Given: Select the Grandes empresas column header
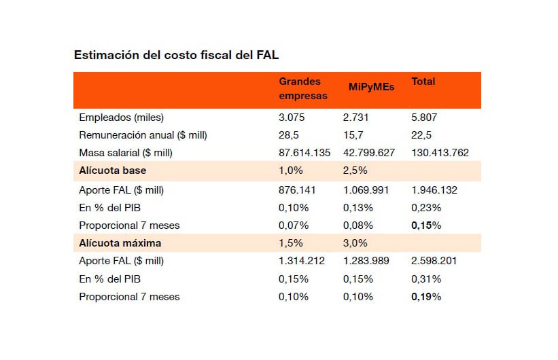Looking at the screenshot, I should tap(303, 88).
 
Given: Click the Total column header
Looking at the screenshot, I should tap(423, 82).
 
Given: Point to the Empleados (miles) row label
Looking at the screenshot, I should tap(122, 118).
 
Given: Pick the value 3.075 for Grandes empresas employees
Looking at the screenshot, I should tap(293, 118).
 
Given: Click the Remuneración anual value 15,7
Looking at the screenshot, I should tap(354, 135).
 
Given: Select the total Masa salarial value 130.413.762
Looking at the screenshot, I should tap(440, 153).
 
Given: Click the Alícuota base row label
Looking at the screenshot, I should tap(113, 170).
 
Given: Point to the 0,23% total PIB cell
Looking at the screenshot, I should tap(426, 208).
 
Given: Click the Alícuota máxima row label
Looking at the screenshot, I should tap(120, 242).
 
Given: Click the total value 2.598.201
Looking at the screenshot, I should tap(436, 261).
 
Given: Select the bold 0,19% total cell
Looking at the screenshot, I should tap(426, 296).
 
